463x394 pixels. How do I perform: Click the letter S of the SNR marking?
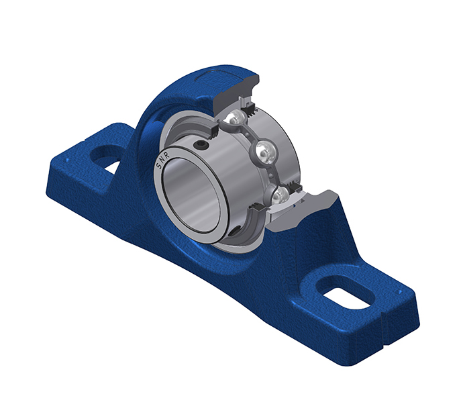(158, 168)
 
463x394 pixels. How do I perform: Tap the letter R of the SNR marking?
(167, 156)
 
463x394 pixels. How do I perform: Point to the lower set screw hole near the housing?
(235, 232)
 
